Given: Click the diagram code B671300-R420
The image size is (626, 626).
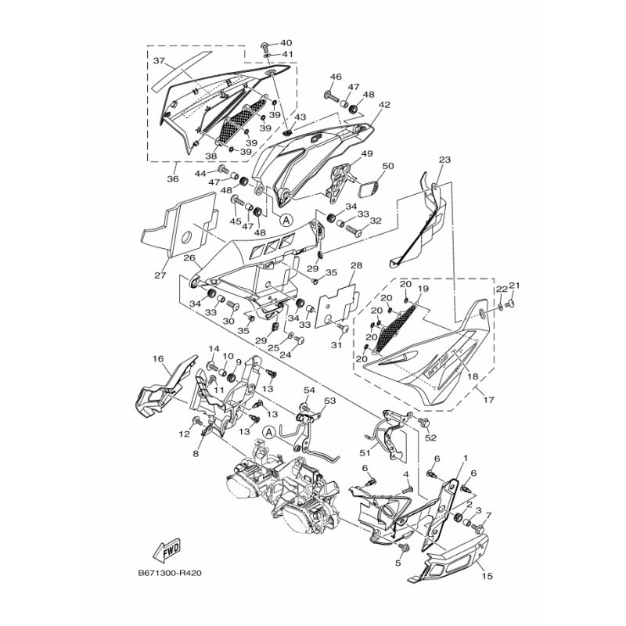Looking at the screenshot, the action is pos(170,574).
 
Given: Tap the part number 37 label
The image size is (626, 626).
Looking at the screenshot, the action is pos(160,61).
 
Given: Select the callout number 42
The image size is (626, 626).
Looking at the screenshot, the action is pos(384,105).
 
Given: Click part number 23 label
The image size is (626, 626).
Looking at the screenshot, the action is pos(444,160).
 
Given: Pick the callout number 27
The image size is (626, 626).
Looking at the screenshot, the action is pos(160,275).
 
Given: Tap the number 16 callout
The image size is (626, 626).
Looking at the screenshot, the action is pos(158,358).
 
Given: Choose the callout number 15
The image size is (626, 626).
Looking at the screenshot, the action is pos(487,576).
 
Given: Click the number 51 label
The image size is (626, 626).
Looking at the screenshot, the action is pos(365,453).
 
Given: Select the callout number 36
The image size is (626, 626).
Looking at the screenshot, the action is pos(173,179).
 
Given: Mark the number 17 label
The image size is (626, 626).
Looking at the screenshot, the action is pos(488,400).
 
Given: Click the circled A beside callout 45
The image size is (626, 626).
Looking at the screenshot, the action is pos(286,219).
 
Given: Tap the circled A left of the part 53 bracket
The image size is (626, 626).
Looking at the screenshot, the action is pos(269,433).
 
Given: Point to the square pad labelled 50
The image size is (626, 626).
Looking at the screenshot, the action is pos(369,188).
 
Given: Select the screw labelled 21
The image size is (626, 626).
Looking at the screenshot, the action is pos(510,304).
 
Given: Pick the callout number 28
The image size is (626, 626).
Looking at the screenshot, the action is pos(356,265).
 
